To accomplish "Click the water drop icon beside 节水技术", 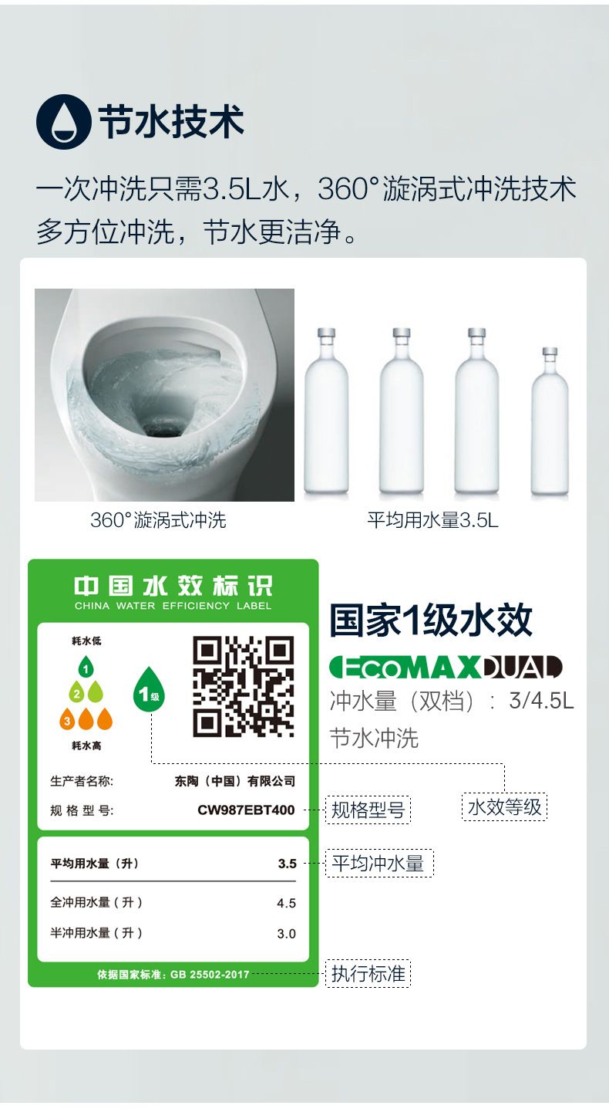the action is click(64, 122).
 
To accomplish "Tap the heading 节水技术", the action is click(171, 122).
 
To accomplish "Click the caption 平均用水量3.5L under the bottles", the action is click(433, 520).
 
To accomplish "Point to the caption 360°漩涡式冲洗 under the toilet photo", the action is click(158, 520).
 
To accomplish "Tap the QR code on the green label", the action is click(244, 686).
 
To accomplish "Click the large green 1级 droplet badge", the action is click(149, 690).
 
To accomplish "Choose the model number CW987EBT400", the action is click(246, 810).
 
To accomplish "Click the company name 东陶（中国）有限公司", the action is click(235, 781).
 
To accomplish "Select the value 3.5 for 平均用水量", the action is click(287, 864).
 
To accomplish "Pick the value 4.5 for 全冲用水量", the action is click(287, 904).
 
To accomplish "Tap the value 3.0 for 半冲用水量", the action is click(287, 934).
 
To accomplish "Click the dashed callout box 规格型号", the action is click(368, 810).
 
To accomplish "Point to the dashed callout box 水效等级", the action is click(505, 807).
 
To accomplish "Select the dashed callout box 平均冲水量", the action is click(379, 864).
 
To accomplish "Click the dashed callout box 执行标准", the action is click(368, 974).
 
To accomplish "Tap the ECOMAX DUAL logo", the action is click(446, 668).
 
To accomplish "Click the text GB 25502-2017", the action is click(210, 975).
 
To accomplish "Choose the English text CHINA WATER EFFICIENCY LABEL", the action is click(173, 606).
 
